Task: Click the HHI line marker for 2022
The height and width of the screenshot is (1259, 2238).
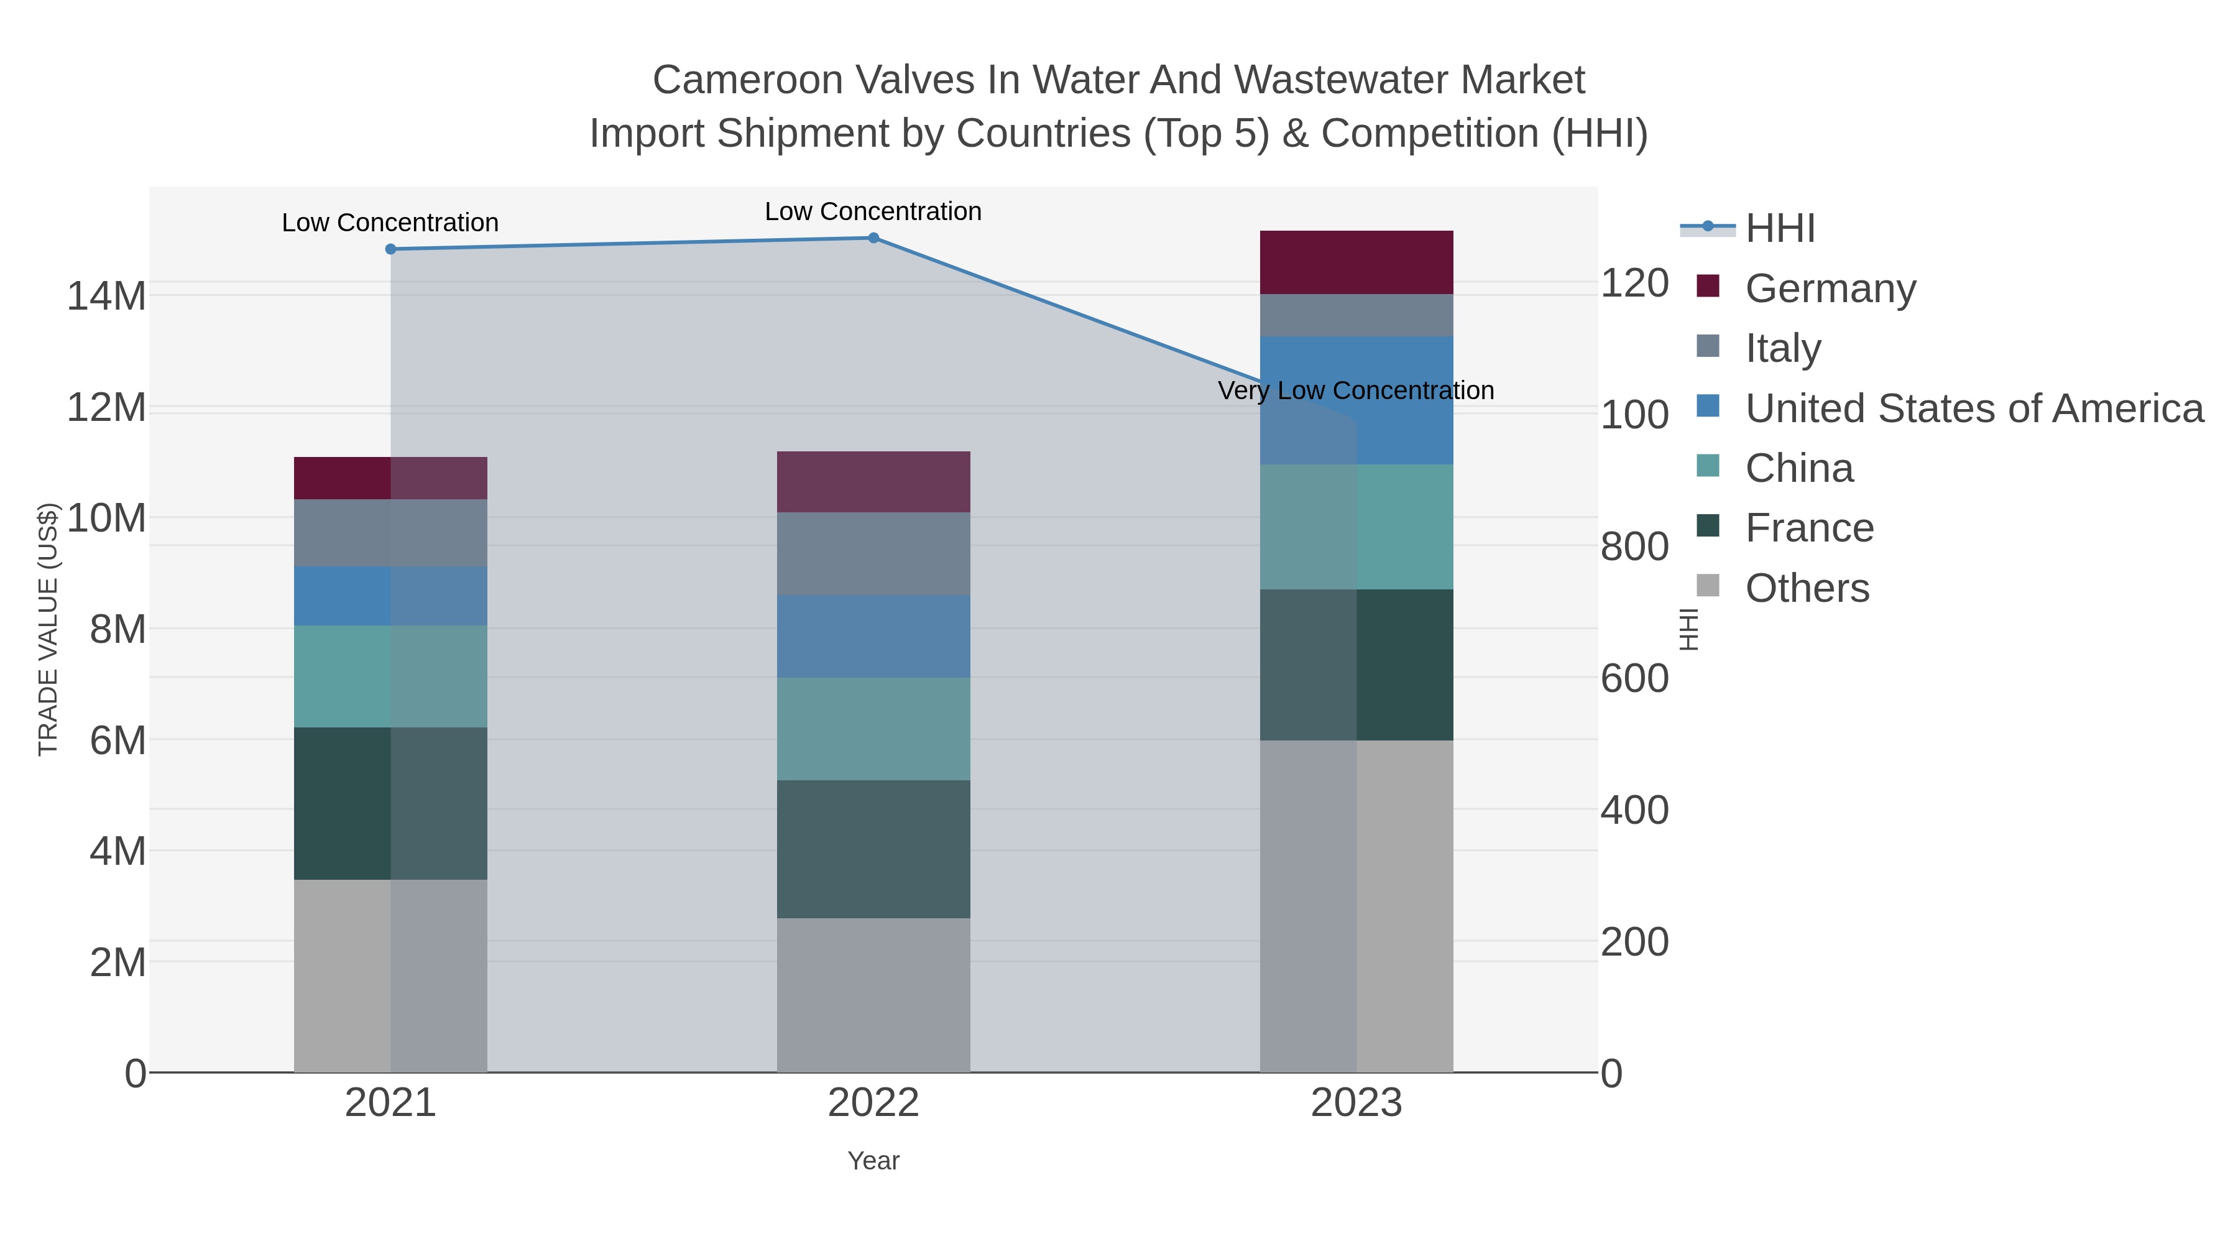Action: (x=873, y=238)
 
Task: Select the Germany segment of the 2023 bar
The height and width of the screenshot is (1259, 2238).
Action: (x=1356, y=262)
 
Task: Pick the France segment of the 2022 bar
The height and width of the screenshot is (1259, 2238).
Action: (x=873, y=849)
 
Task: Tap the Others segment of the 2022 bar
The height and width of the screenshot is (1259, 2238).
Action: (x=873, y=995)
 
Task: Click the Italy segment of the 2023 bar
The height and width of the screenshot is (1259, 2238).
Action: (x=1356, y=315)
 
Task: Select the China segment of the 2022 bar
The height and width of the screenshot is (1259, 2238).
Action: (x=873, y=729)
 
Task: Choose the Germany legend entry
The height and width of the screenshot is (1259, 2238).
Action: (x=1830, y=288)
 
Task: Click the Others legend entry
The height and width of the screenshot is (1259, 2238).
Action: (x=1806, y=588)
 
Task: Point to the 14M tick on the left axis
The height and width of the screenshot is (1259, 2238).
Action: (x=106, y=297)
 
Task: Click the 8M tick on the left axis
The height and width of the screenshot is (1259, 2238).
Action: (x=117, y=629)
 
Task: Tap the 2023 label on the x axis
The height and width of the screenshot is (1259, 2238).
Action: (x=1356, y=1104)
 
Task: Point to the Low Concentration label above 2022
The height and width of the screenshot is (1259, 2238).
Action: (x=873, y=212)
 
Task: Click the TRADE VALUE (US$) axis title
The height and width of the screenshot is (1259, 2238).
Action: (x=48, y=629)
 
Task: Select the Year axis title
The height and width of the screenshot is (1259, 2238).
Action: (x=873, y=1161)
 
